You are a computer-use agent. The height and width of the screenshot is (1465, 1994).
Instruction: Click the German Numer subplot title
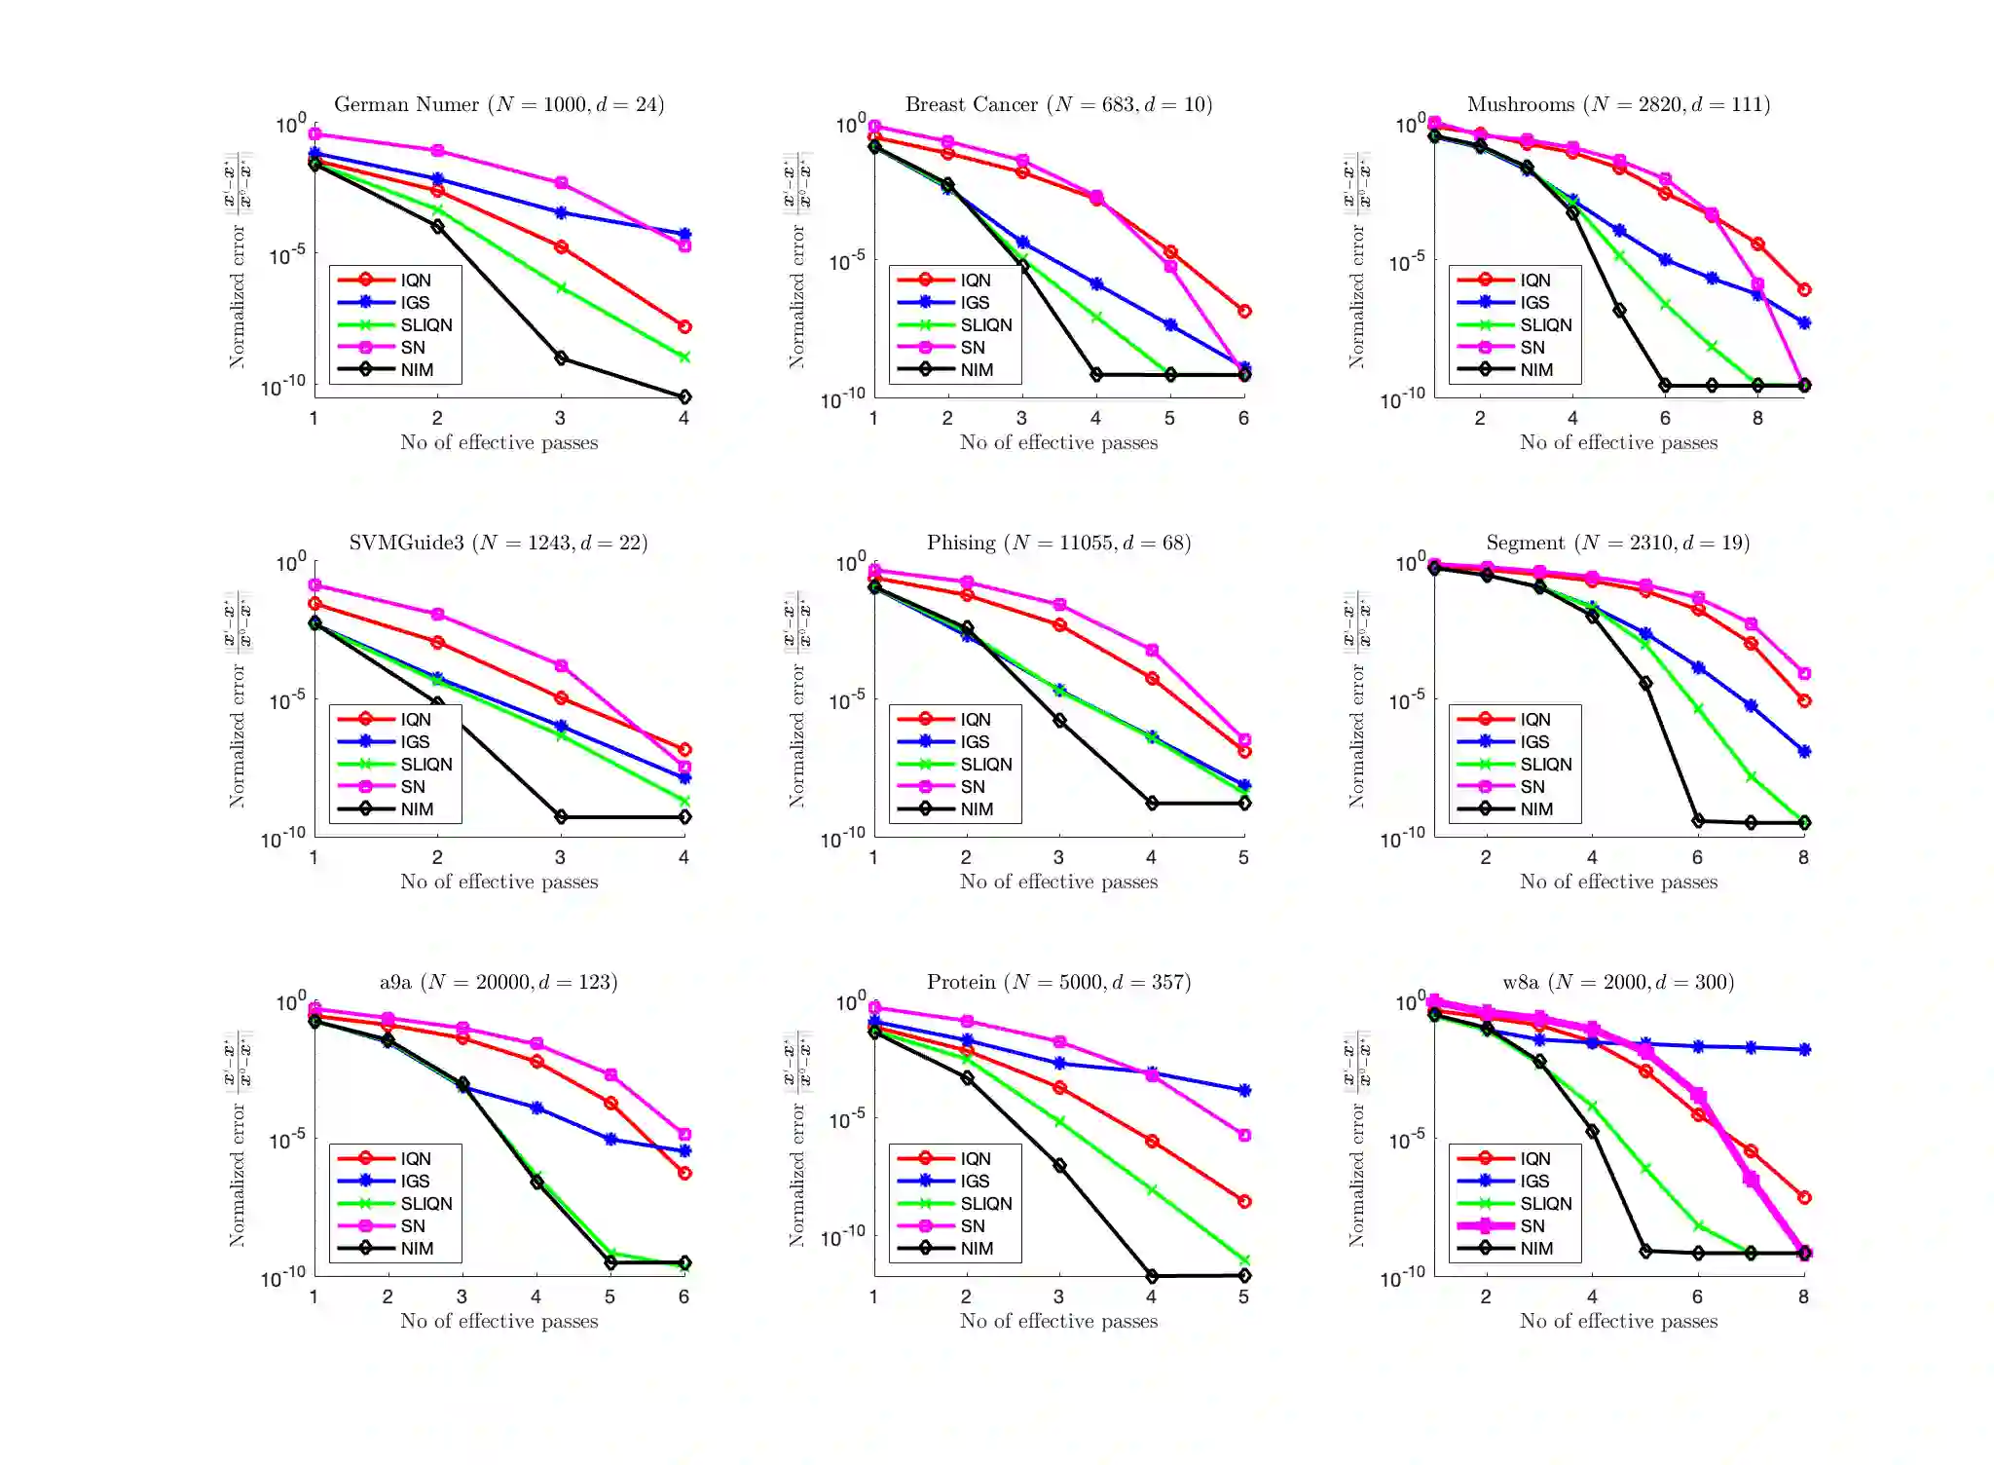(x=498, y=104)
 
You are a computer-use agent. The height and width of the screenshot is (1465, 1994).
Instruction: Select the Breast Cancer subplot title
(x=1058, y=104)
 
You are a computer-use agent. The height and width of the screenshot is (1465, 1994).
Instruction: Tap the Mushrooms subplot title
(x=1618, y=104)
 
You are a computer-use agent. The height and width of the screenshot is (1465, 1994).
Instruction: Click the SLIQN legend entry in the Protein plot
(x=985, y=1204)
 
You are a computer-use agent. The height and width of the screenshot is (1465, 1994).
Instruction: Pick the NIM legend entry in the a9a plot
(x=417, y=1249)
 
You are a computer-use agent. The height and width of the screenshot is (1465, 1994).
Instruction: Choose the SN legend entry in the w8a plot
(x=1532, y=1226)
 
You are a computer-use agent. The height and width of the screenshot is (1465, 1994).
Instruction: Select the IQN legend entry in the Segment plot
(x=1534, y=720)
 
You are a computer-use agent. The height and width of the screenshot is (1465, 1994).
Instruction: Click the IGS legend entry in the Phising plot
(x=974, y=742)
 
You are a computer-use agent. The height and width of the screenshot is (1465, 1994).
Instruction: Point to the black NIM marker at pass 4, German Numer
(x=684, y=396)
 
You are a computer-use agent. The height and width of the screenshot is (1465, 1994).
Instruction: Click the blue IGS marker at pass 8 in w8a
(x=1804, y=1050)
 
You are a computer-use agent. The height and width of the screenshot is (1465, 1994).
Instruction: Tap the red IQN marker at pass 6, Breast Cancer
(x=1244, y=312)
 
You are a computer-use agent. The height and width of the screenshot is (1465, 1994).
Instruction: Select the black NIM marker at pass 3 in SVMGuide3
(x=561, y=816)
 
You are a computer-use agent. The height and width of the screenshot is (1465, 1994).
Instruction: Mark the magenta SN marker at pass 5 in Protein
(x=1244, y=1136)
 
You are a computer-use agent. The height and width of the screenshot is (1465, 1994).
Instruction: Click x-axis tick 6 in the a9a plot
(x=683, y=1297)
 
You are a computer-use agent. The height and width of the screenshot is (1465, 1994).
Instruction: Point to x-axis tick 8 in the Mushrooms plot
(x=1757, y=419)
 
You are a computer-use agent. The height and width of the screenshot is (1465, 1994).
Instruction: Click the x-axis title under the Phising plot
(x=1058, y=882)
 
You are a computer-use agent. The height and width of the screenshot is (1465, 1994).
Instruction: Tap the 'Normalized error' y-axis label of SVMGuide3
(x=237, y=735)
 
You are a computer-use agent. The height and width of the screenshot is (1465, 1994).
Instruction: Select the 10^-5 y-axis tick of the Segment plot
(x=1407, y=699)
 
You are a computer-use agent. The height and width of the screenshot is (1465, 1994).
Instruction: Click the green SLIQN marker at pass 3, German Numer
(x=561, y=288)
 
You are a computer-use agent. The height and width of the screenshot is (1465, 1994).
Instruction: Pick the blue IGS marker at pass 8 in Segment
(x=1804, y=752)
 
